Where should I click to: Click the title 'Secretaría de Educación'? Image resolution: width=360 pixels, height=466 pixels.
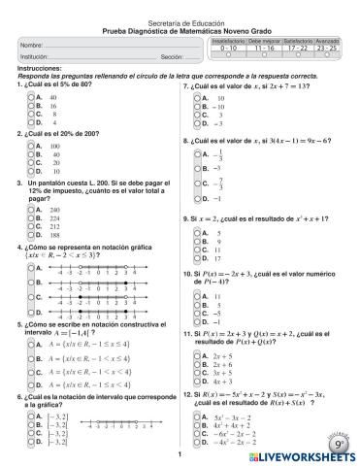coord(180,20)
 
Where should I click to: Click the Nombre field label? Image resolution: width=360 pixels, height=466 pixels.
coord(31,46)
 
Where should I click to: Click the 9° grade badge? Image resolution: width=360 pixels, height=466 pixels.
coord(341,443)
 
